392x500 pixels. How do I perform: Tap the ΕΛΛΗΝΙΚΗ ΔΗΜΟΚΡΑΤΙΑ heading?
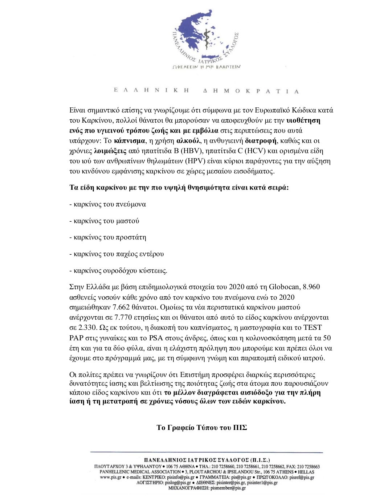point(206,91)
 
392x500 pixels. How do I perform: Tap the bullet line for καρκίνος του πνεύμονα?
point(108,204)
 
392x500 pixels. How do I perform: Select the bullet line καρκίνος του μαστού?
point(104,221)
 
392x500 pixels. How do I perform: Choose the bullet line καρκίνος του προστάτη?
point(108,238)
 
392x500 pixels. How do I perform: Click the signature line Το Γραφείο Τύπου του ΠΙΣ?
point(202,427)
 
